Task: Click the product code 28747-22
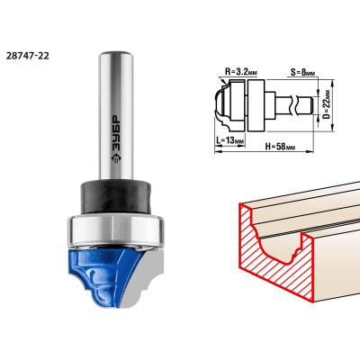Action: (x=27, y=56)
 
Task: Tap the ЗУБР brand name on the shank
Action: (x=116, y=134)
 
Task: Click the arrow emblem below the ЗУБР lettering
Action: (x=116, y=158)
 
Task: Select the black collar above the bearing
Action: (x=115, y=196)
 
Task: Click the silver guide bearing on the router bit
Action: (x=116, y=230)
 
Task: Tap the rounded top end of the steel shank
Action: (x=116, y=55)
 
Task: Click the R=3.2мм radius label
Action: (x=241, y=72)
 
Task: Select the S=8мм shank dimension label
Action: (x=303, y=73)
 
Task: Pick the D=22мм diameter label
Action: (x=327, y=104)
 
